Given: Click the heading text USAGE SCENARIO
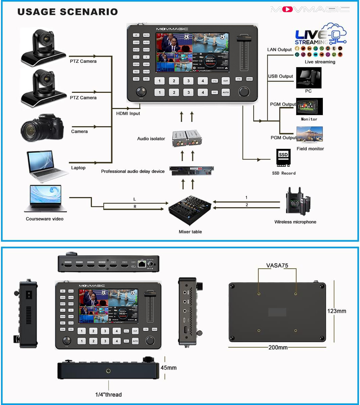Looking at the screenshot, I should pos(68,11).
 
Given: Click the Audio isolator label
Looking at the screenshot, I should pos(151,139).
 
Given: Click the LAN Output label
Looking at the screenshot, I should pos(279,50).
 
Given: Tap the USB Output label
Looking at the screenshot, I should pos(280,76).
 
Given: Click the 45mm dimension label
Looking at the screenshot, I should pos(169,368).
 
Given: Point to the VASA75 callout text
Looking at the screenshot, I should pos(277,265).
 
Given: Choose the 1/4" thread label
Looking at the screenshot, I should pos(108,395).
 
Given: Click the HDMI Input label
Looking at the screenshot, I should pos(128,113).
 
